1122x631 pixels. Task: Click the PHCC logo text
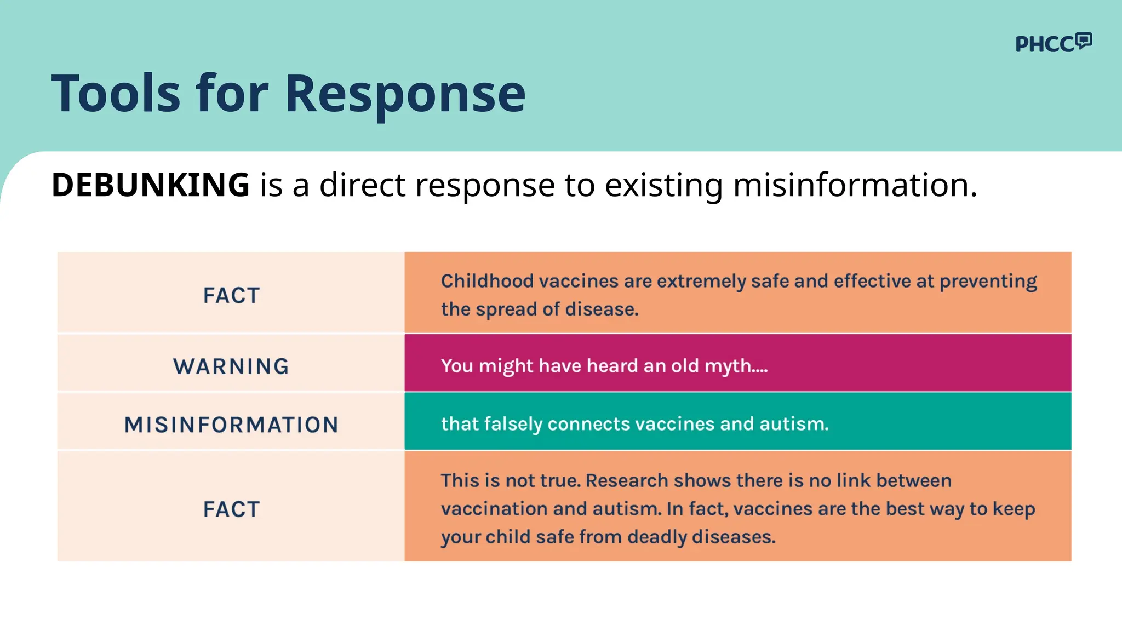[1044, 44]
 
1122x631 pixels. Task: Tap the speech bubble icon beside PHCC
[1083, 41]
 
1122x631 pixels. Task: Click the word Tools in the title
[116, 94]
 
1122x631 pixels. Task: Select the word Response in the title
[405, 94]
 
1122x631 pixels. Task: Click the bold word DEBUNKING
[150, 185]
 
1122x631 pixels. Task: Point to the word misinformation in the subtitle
[855, 185]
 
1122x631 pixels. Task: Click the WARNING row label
[231, 366]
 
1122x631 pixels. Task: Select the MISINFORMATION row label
[231, 425]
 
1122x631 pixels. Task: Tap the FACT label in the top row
[231, 296]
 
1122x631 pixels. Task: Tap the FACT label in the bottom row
[231, 509]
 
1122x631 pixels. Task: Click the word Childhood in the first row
[487, 281]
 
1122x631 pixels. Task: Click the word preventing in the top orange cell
[988, 282]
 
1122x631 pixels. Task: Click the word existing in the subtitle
[663, 185]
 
